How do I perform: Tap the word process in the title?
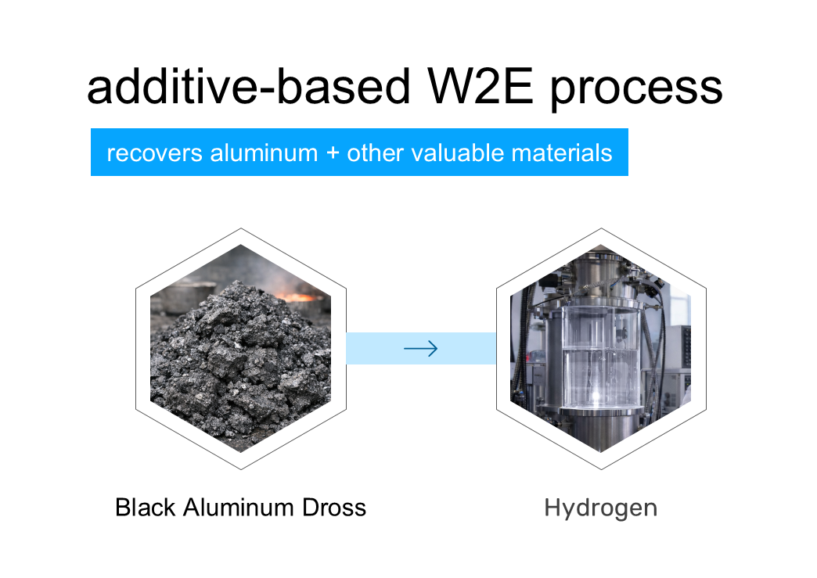coord(636,88)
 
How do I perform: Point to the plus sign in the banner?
coord(332,153)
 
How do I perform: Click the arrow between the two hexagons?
coord(421,349)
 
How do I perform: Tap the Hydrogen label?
coord(601,508)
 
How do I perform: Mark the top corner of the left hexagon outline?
coord(241,228)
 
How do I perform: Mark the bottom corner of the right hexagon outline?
coord(601,469)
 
